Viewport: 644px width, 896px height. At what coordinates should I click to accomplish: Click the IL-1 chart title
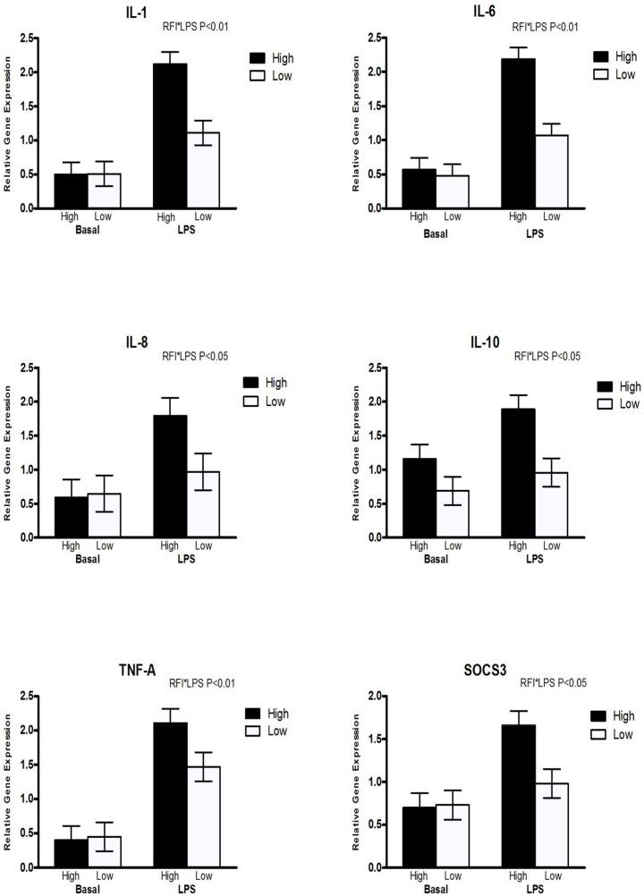click(114, 12)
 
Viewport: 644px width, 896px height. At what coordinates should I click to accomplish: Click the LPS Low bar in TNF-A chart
click(203, 816)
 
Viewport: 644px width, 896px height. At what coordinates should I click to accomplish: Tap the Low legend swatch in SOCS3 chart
click(597, 734)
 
